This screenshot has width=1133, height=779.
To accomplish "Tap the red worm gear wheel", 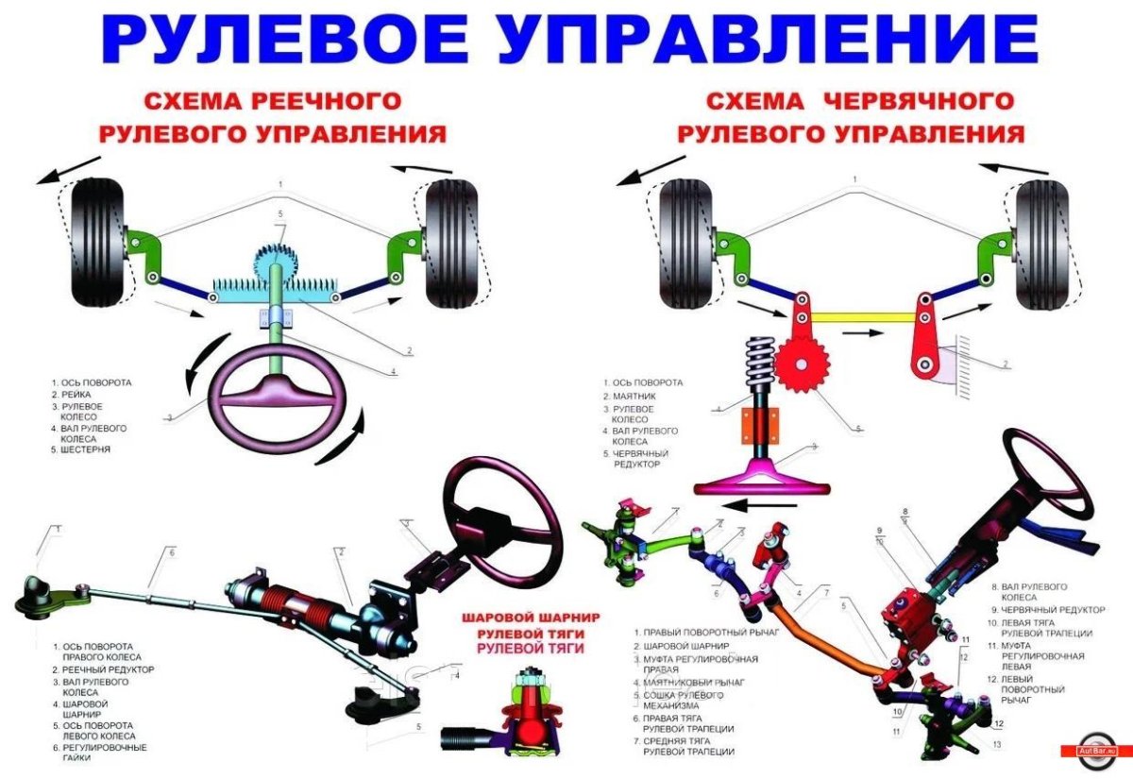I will pyautogui.click(x=803, y=364).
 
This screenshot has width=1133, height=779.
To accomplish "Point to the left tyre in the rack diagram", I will pyautogui.click(x=97, y=242).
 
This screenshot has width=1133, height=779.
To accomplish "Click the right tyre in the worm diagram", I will pyautogui.click(x=1042, y=244).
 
